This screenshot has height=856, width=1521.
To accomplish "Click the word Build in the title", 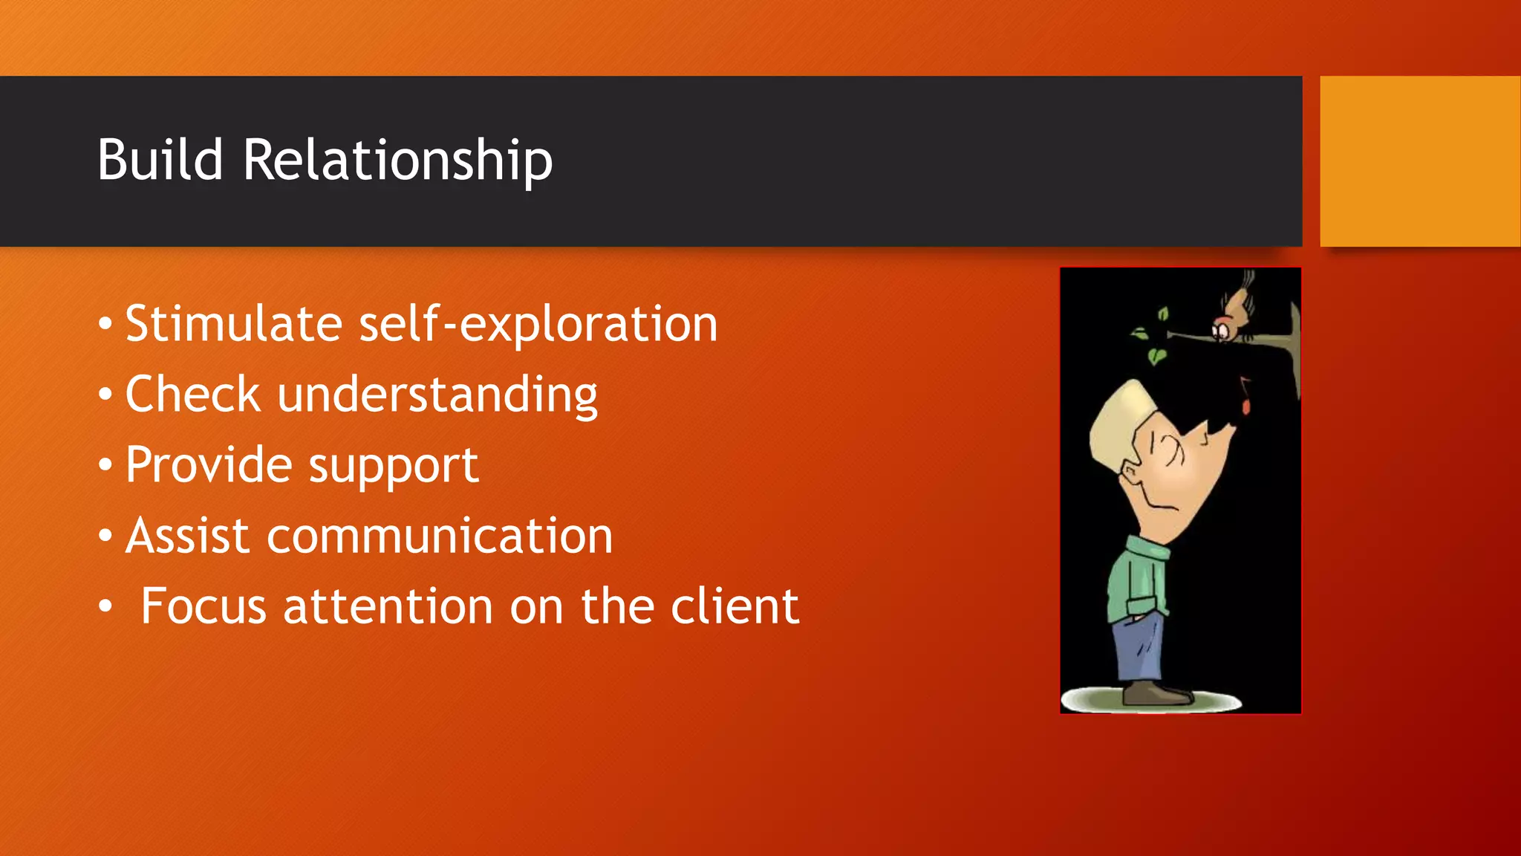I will point(160,160).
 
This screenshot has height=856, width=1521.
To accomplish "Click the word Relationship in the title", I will point(397,161).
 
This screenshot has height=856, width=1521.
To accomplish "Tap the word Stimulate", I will point(233,324).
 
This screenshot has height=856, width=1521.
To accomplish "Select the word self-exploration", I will point(538,325).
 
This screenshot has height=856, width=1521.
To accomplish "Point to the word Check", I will point(192,394).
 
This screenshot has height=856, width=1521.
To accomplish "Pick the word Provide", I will point(208,465).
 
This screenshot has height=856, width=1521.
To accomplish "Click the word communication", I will point(440,536).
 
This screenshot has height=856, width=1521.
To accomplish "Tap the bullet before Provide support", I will point(105,466).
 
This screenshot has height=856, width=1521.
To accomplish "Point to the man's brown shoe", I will point(1156,695).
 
